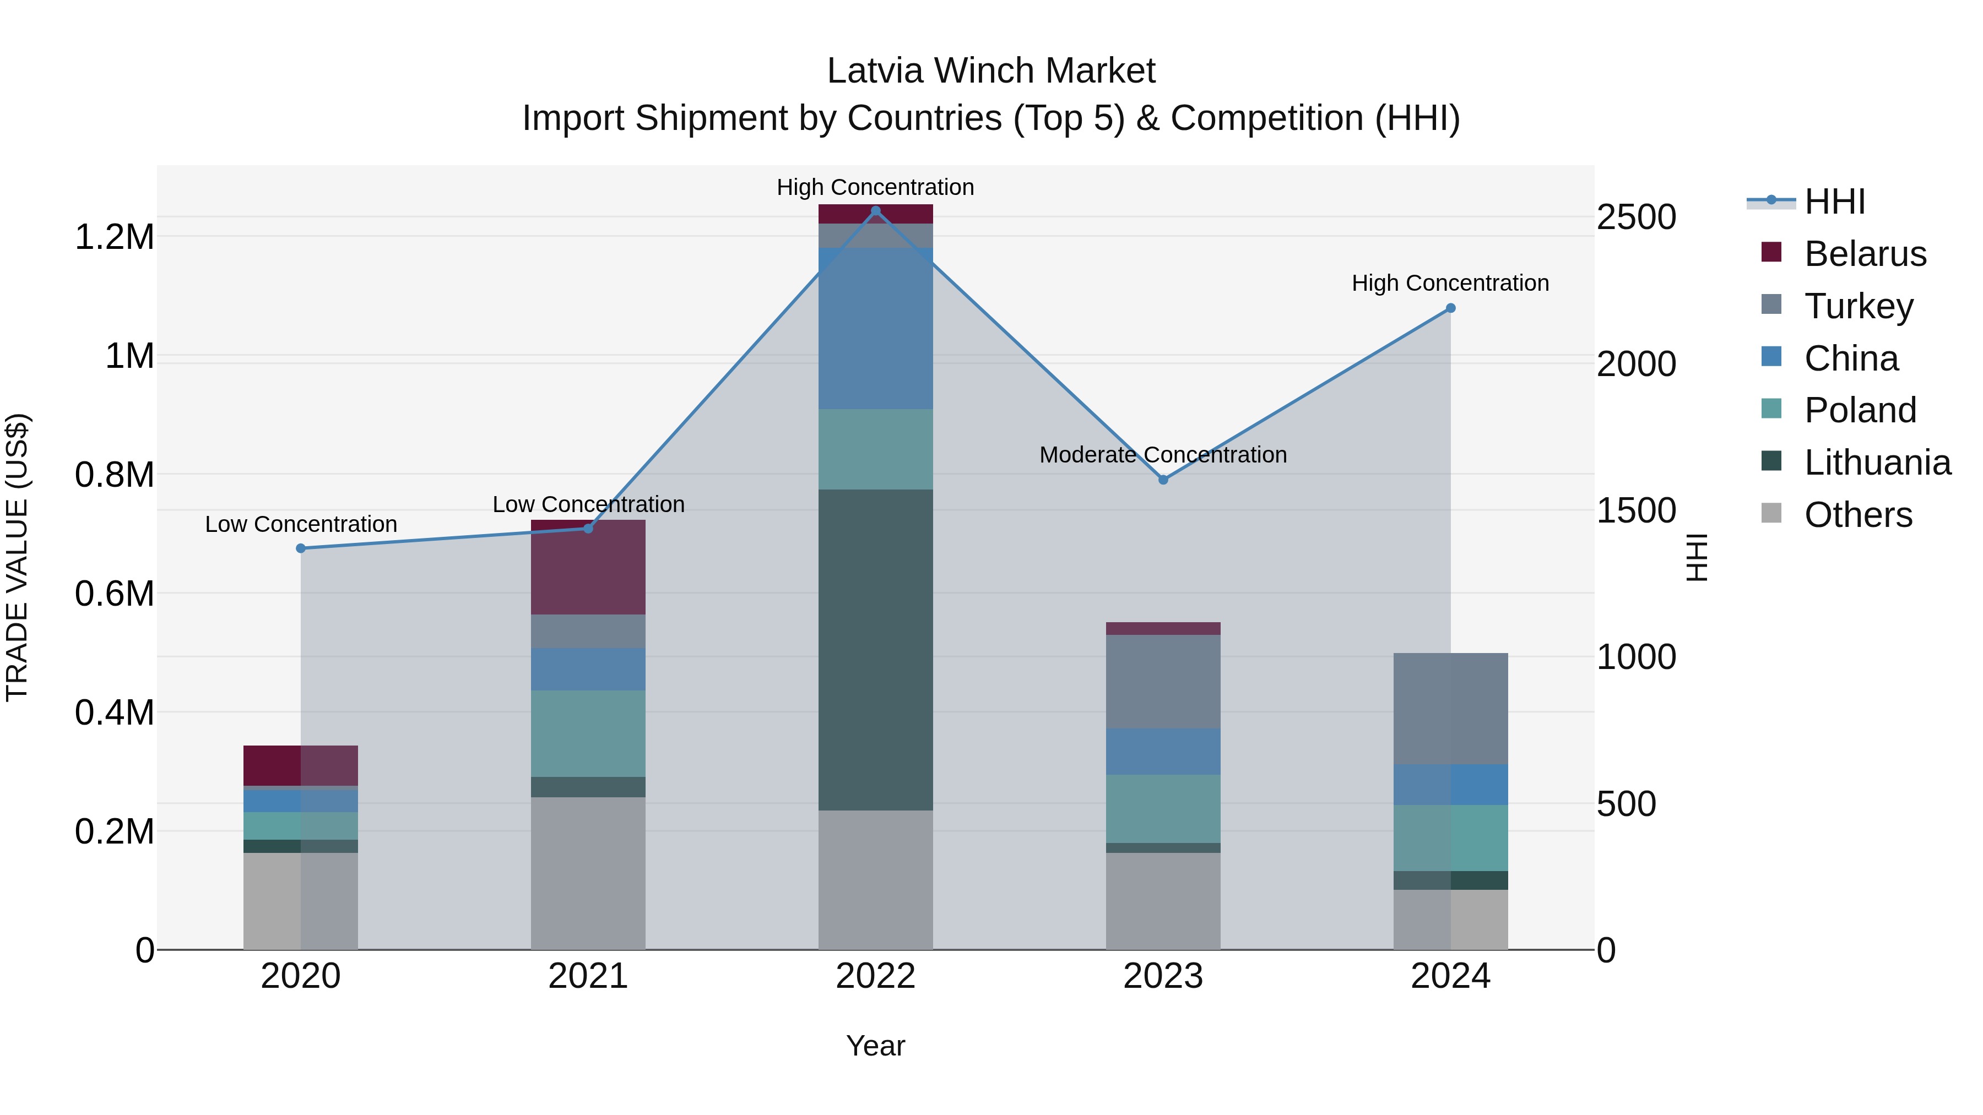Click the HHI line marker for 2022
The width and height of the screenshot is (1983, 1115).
point(875,211)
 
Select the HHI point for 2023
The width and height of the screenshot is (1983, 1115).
point(1163,480)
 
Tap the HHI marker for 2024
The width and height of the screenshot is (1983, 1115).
point(1450,308)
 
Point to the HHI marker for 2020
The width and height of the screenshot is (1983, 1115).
point(301,548)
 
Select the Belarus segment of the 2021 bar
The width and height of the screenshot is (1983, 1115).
point(588,567)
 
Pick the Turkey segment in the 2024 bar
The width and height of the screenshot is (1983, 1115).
point(1450,708)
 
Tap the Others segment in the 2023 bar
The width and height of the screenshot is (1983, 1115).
point(1163,900)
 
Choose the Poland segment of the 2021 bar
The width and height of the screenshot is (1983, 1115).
point(588,733)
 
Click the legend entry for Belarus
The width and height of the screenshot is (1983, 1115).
point(1865,254)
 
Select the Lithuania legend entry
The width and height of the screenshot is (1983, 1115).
point(1877,463)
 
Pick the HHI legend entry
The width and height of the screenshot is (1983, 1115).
point(1834,202)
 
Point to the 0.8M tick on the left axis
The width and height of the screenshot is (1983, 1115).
point(115,475)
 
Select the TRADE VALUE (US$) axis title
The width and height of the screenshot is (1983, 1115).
point(18,557)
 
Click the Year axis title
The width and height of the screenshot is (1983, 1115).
point(875,1046)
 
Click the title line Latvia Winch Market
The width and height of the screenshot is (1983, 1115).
point(991,71)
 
